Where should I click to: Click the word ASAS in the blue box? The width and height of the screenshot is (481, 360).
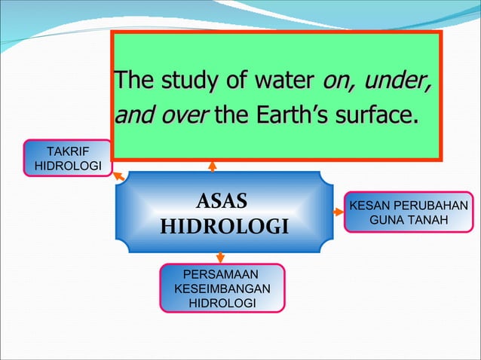[x=221, y=201]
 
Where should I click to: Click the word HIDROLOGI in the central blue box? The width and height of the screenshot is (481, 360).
[x=225, y=226]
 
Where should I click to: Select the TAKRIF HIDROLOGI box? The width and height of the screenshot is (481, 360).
[x=68, y=157]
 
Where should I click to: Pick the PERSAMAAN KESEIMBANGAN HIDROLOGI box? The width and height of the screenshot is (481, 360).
[x=222, y=288]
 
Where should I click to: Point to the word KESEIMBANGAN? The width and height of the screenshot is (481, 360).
[x=222, y=288]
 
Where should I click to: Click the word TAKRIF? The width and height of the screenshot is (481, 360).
[x=68, y=151]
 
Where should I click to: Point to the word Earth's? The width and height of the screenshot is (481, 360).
[x=291, y=117]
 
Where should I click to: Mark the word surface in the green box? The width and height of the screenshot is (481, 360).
[x=377, y=117]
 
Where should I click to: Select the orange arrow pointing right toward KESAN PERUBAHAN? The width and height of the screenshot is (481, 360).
[x=338, y=212]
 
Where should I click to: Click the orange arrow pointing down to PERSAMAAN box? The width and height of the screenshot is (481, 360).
[x=220, y=258]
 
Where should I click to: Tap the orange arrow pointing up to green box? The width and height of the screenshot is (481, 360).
[x=213, y=165]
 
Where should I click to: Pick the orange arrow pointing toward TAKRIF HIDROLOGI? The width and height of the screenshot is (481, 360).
[x=118, y=176]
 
